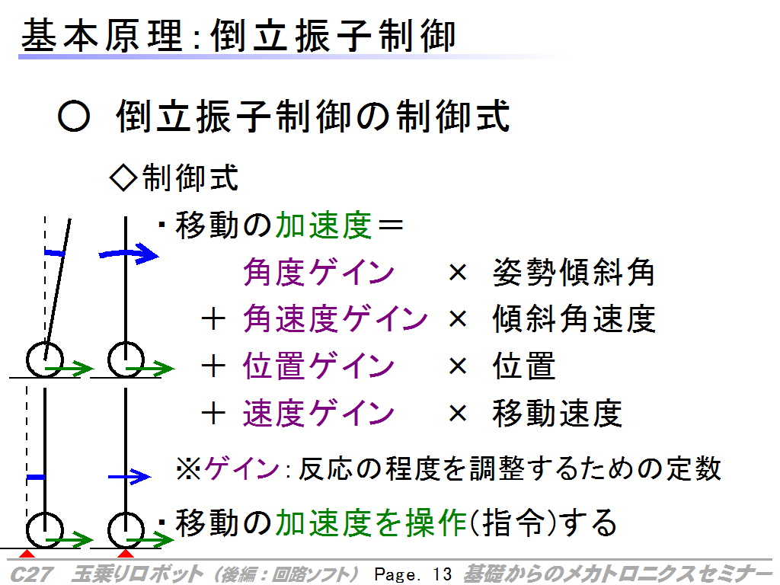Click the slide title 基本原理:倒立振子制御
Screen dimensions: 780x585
(x=238, y=36)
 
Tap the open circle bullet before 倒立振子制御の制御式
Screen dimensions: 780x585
(x=74, y=117)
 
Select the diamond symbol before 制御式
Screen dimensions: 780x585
(x=123, y=177)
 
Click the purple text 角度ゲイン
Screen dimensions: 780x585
(x=318, y=272)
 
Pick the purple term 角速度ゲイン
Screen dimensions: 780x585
(x=335, y=318)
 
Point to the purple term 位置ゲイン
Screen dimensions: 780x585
(x=318, y=366)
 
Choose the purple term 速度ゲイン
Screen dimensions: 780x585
(x=318, y=413)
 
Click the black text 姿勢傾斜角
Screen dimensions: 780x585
(x=573, y=272)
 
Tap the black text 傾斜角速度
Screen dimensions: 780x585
(x=574, y=318)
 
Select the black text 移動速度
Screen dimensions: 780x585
(x=557, y=413)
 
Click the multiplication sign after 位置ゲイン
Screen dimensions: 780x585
(x=458, y=366)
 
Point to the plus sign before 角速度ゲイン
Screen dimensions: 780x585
(x=213, y=319)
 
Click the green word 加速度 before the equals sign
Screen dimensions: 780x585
(x=323, y=225)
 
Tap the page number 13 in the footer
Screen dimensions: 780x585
(x=443, y=574)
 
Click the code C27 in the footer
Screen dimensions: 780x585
(x=30, y=574)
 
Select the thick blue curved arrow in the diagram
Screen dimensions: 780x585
(x=128, y=254)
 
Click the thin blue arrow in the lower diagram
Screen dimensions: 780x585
(x=129, y=477)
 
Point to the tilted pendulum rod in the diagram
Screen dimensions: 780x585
(x=57, y=289)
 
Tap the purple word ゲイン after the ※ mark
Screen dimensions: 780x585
(x=242, y=468)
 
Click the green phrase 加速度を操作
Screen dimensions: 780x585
(x=371, y=523)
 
